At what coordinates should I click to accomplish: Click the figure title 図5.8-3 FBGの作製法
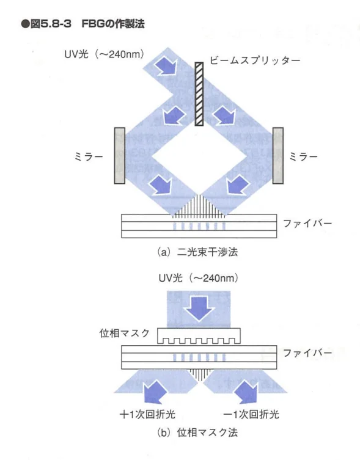click(83, 23)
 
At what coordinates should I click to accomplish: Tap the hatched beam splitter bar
click(199, 94)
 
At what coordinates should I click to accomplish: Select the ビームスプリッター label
click(255, 60)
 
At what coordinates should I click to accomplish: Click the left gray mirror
click(120, 156)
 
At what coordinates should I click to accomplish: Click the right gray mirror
click(277, 156)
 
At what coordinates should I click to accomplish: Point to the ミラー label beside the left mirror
click(89, 156)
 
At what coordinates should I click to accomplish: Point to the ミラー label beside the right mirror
click(303, 156)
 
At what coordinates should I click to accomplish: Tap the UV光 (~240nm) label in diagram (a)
click(105, 54)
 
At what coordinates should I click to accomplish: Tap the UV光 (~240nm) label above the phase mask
click(199, 278)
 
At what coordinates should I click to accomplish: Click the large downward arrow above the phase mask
click(199, 308)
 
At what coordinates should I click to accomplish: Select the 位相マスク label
click(125, 334)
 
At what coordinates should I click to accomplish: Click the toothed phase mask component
click(199, 336)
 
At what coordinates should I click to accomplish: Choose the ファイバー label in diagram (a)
click(307, 224)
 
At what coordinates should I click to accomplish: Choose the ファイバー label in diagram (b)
click(307, 353)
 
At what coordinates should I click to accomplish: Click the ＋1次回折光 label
click(147, 414)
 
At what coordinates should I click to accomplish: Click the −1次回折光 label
click(251, 414)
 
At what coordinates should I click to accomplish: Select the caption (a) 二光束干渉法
click(197, 252)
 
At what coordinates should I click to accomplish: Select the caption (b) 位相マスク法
click(197, 433)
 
